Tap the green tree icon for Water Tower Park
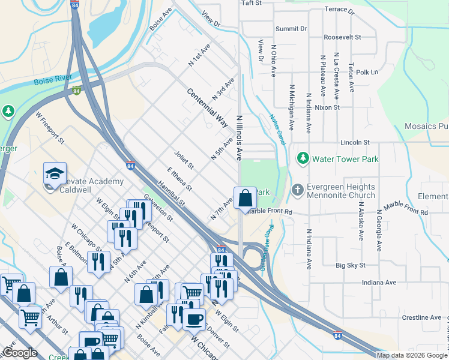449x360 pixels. pos(303,158)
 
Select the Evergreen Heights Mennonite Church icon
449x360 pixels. pos(297,190)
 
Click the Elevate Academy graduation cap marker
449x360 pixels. pos(54,173)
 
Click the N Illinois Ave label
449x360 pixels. pos(239,137)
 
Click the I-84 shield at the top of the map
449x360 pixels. pos(74,5)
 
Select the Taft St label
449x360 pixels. pos(252,3)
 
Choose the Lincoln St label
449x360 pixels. pos(354,142)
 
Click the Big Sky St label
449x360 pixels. pos(349,265)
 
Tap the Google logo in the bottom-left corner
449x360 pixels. pos(20,353)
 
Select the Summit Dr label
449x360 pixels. pos(291,28)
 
